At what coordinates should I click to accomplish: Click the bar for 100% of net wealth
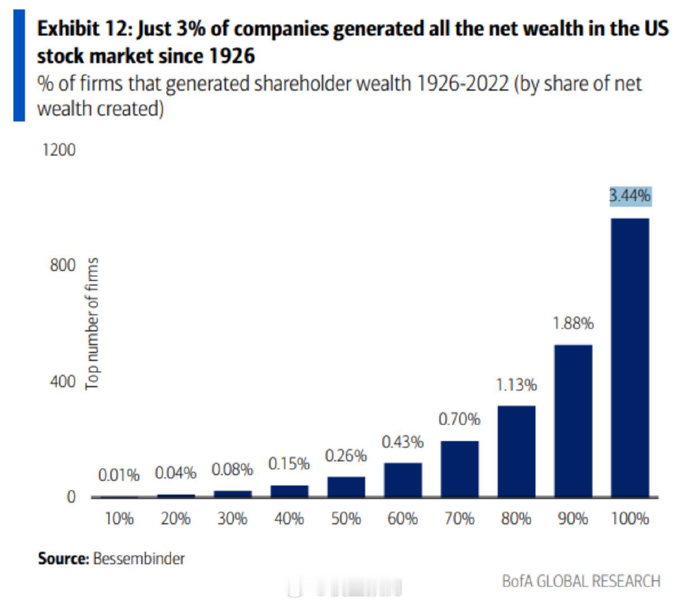click(630, 358)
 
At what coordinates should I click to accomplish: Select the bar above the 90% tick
click(573, 421)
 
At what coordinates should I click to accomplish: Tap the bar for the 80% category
click(516, 451)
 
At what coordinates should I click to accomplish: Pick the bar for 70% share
click(460, 469)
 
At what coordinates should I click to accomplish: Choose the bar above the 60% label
click(402, 480)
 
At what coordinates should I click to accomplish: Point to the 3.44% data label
click(630, 196)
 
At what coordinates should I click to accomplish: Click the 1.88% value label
click(573, 323)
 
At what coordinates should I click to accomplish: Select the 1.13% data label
click(516, 385)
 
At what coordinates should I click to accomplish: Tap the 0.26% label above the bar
click(346, 456)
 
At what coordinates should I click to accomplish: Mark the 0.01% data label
click(119, 475)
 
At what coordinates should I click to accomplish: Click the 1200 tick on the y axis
click(58, 150)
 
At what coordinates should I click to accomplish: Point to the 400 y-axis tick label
click(62, 382)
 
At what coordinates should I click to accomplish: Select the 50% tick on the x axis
click(346, 519)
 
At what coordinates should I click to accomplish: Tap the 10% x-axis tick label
click(119, 519)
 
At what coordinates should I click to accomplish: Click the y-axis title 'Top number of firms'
click(92, 323)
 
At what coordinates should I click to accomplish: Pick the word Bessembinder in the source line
click(139, 558)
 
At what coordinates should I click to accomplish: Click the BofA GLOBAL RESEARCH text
click(581, 581)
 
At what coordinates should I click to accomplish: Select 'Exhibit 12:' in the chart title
click(85, 29)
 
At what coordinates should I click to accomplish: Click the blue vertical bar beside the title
click(20, 65)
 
